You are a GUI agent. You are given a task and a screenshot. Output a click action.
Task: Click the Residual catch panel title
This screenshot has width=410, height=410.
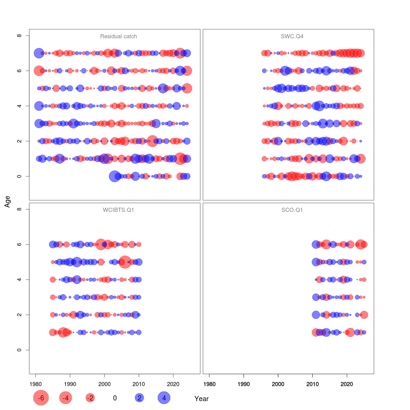119,36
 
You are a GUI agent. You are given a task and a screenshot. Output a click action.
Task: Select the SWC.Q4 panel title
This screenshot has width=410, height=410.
292,36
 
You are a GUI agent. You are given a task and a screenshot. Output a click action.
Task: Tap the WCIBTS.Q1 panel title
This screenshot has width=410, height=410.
119,210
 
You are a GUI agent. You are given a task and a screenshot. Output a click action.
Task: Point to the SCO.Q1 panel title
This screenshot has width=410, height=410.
292,210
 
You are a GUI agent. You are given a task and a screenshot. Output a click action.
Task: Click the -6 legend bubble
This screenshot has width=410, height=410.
41,398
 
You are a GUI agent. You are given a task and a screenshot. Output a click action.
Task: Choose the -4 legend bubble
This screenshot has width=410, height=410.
66,398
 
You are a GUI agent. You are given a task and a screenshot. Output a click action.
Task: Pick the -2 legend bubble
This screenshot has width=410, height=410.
90,398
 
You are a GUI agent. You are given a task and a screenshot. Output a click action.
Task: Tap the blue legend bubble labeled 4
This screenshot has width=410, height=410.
164,398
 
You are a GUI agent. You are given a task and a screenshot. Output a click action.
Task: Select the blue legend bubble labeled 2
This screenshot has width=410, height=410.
139,398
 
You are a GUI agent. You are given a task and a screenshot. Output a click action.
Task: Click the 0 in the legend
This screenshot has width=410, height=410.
115,398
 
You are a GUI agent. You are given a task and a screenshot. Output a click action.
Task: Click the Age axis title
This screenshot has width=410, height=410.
8,202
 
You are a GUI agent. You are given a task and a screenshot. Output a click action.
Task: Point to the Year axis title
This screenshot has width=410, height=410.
202,399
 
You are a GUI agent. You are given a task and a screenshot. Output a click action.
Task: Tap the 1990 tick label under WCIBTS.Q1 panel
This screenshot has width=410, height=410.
70,384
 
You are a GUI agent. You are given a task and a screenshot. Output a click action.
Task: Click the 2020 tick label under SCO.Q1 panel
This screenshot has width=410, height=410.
347,384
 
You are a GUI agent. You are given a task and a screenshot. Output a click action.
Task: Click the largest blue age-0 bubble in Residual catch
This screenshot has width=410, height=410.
114,176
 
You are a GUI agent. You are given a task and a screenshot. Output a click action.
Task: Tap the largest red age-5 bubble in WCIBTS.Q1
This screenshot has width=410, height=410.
125,262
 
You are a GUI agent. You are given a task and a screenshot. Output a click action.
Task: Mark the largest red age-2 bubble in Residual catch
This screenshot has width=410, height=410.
152,141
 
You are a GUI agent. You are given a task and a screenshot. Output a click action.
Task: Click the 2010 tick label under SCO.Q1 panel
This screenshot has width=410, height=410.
312,384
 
